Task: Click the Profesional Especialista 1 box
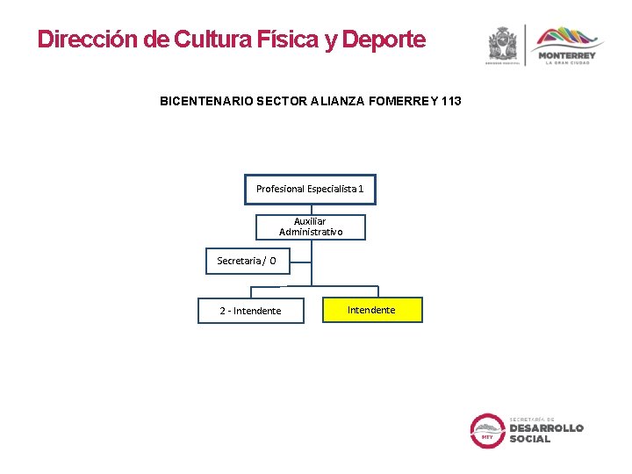tap(310, 189)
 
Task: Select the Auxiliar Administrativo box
tap(311, 226)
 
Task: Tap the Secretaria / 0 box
tap(247, 261)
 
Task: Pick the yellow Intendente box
tap(372, 310)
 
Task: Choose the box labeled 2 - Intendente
tap(251, 311)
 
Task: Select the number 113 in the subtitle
tap(451, 102)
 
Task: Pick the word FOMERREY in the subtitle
tap(399, 102)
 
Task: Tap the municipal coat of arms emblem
tap(504, 44)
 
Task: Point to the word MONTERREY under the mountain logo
tap(567, 55)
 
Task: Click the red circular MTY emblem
tap(487, 430)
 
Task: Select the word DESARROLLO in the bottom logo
tap(546, 428)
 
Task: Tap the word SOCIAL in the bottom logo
tap(530, 439)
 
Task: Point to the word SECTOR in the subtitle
tap(280, 102)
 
